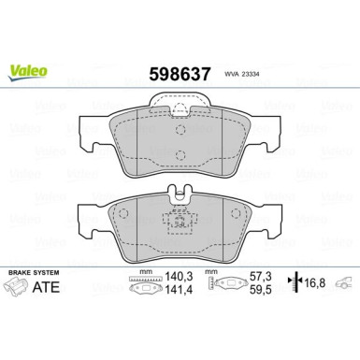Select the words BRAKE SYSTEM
(x=33, y=271)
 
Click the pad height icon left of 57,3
(x=224, y=289)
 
